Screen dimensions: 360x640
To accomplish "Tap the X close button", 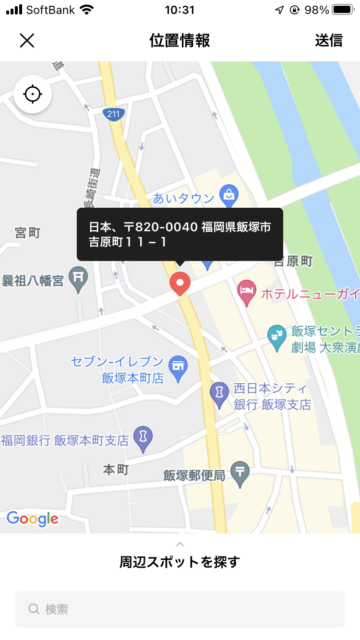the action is pos(27,40).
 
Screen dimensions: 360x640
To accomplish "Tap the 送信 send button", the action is pos(329,40).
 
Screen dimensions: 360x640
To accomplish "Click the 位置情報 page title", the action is pos(180,40).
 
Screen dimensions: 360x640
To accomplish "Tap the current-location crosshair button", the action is pos(33,94).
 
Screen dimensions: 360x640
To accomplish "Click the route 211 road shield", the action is pos(114,114).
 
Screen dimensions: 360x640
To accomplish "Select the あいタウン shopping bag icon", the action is pos(229,195).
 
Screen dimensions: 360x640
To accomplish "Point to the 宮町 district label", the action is pos(28,233).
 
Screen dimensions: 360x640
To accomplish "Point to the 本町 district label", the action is pos(116,470).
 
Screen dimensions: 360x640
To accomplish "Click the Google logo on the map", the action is pos(33,519).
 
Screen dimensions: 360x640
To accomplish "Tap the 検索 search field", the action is pos(180,609).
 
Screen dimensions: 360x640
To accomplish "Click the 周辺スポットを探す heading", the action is pos(180,562).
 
